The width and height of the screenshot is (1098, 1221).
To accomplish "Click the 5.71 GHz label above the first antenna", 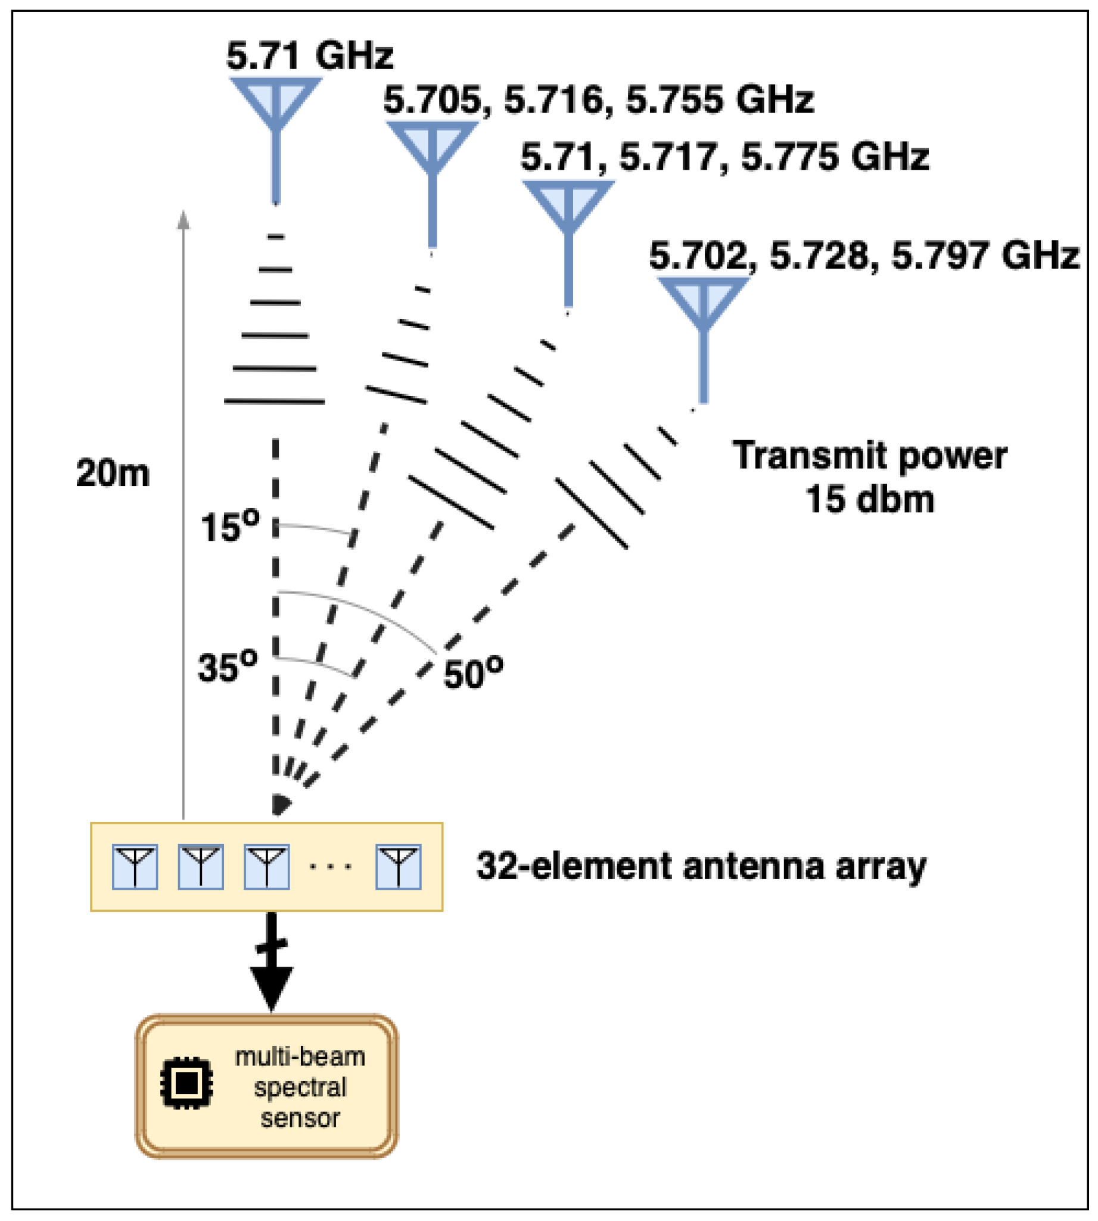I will pyautogui.click(x=309, y=56).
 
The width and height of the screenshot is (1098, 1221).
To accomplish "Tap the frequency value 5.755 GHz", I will pyautogui.click(x=719, y=99).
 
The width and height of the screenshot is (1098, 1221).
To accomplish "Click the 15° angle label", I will pyautogui.click(x=230, y=526).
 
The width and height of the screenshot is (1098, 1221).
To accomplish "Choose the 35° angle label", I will pyautogui.click(x=228, y=667).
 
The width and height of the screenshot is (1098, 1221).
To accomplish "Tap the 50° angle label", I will pyautogui.click(x=473, y=672).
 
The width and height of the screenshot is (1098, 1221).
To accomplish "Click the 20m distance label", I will pyautogui.click(x=113, y=472).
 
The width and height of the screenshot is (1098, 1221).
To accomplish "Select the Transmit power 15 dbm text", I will pyautogui.click(x=869, y=477).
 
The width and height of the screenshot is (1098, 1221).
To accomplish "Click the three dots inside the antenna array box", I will pyautogui.click(x=331, y=867).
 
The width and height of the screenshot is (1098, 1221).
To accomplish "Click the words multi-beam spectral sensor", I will pyautogui.click(x=300, y=1086).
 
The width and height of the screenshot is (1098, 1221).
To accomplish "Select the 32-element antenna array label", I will pyautogui.click(x=701, y=867).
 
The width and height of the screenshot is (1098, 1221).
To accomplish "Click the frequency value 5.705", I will pyautogui.click(x=433, y=99).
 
